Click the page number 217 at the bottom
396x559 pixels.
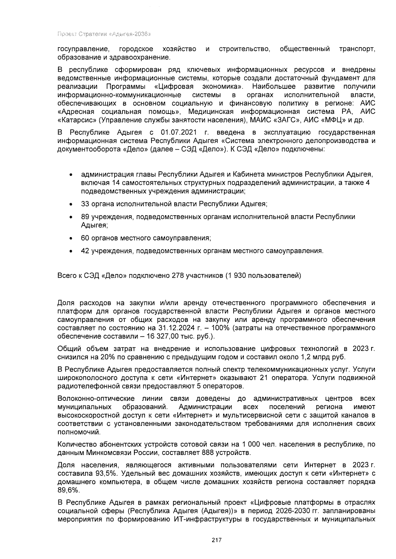coord(216,540)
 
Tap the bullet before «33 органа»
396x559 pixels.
coord(71,205)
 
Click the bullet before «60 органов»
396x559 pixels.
coord(71,238)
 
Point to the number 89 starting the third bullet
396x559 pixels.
coord(85,217)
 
